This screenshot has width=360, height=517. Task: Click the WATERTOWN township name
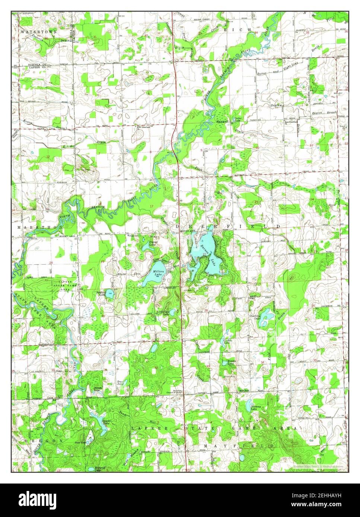point(39,32)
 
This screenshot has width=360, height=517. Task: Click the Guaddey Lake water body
point(267,316)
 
